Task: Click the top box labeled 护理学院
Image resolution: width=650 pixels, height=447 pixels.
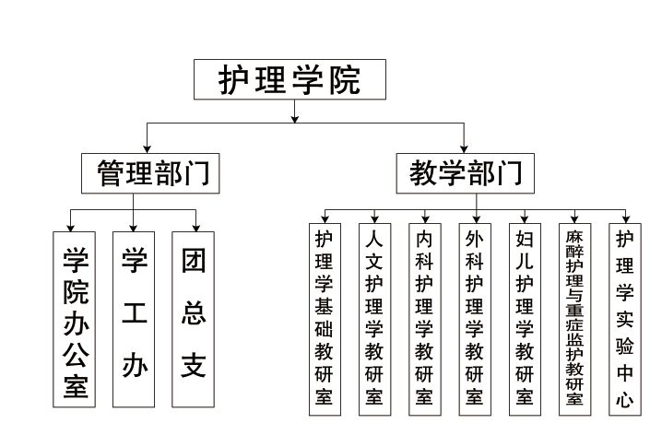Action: (290, 79)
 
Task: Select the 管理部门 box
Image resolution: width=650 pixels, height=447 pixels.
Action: (150, 173)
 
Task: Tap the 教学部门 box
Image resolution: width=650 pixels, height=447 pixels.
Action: (465, 173)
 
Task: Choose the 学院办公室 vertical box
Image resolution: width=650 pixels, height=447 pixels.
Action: (74, 319)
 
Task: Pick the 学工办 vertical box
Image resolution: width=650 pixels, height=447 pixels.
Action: (134, 319)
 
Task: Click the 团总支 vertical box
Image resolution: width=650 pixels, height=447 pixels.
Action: (194, 319)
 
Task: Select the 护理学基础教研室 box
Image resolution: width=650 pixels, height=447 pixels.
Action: (325, 319)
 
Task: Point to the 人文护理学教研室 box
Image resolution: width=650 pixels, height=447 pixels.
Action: (374, 319)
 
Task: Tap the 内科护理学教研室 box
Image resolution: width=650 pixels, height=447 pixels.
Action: (425, 319)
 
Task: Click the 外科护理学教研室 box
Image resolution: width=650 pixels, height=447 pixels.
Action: (475, 319)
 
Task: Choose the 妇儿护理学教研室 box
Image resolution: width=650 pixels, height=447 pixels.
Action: (525, 319)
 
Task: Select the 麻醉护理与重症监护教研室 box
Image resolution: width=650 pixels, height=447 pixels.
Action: (575, 319)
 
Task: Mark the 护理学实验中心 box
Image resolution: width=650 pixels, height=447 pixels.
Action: (625, 319)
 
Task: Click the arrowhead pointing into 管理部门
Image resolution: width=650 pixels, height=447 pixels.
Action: (147, 149)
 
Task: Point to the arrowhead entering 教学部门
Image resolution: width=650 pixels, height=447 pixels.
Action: (464, 149)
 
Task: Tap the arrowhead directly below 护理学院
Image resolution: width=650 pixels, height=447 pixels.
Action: (295, 119)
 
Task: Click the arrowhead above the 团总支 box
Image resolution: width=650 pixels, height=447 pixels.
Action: (195, 228)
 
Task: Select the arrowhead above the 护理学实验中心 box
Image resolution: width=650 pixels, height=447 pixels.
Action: (626, 219)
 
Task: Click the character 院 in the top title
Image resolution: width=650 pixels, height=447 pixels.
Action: (345, 79)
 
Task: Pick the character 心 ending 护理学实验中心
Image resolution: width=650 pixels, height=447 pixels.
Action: (625, 400)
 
